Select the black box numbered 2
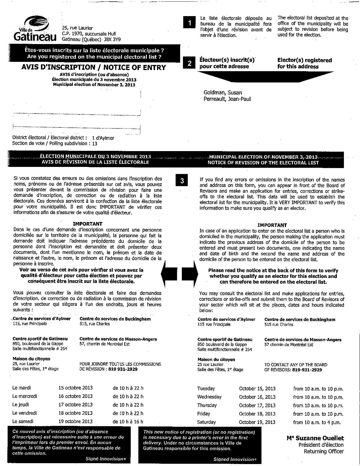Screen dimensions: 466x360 [189, 63]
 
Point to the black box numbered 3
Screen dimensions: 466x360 [182, 180]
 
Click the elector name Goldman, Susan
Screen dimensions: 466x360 [222, 92]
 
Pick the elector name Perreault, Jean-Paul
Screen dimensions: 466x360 [227, 99]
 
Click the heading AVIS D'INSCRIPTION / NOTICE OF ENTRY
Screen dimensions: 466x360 [94, 67]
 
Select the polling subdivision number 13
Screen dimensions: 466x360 [95, 143]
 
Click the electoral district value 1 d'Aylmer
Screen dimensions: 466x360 [103, 138]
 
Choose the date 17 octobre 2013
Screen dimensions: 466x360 [75, 404]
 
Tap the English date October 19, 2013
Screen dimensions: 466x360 [257, 422]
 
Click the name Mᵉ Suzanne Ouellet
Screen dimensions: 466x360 [315, 438]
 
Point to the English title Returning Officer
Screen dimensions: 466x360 [324, 451]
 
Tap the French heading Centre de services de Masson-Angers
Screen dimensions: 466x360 [118, 339]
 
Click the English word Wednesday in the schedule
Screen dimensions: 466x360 [209, 397]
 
